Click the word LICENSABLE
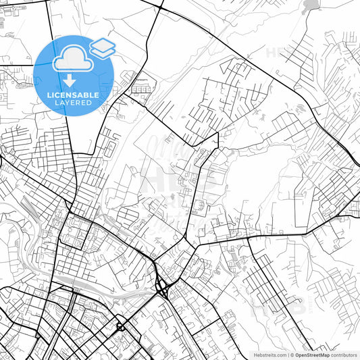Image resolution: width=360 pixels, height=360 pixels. (x=73, y=95)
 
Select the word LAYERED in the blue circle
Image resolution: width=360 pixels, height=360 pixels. (x=73, y=103)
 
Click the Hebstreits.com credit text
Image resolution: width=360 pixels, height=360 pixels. (x=269, y=355)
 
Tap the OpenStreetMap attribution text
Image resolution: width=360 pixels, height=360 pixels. (x=313, y=355)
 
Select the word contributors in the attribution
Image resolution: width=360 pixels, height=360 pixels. (x=344, y=355)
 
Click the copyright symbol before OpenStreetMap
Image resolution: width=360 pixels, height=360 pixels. (x=292, y=355)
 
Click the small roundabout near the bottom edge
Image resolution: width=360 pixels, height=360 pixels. (x=121, y=328)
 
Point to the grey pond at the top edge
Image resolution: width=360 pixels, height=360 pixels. (x=311, y=6)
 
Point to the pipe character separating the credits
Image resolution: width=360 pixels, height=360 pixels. (x=288, y=355)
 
